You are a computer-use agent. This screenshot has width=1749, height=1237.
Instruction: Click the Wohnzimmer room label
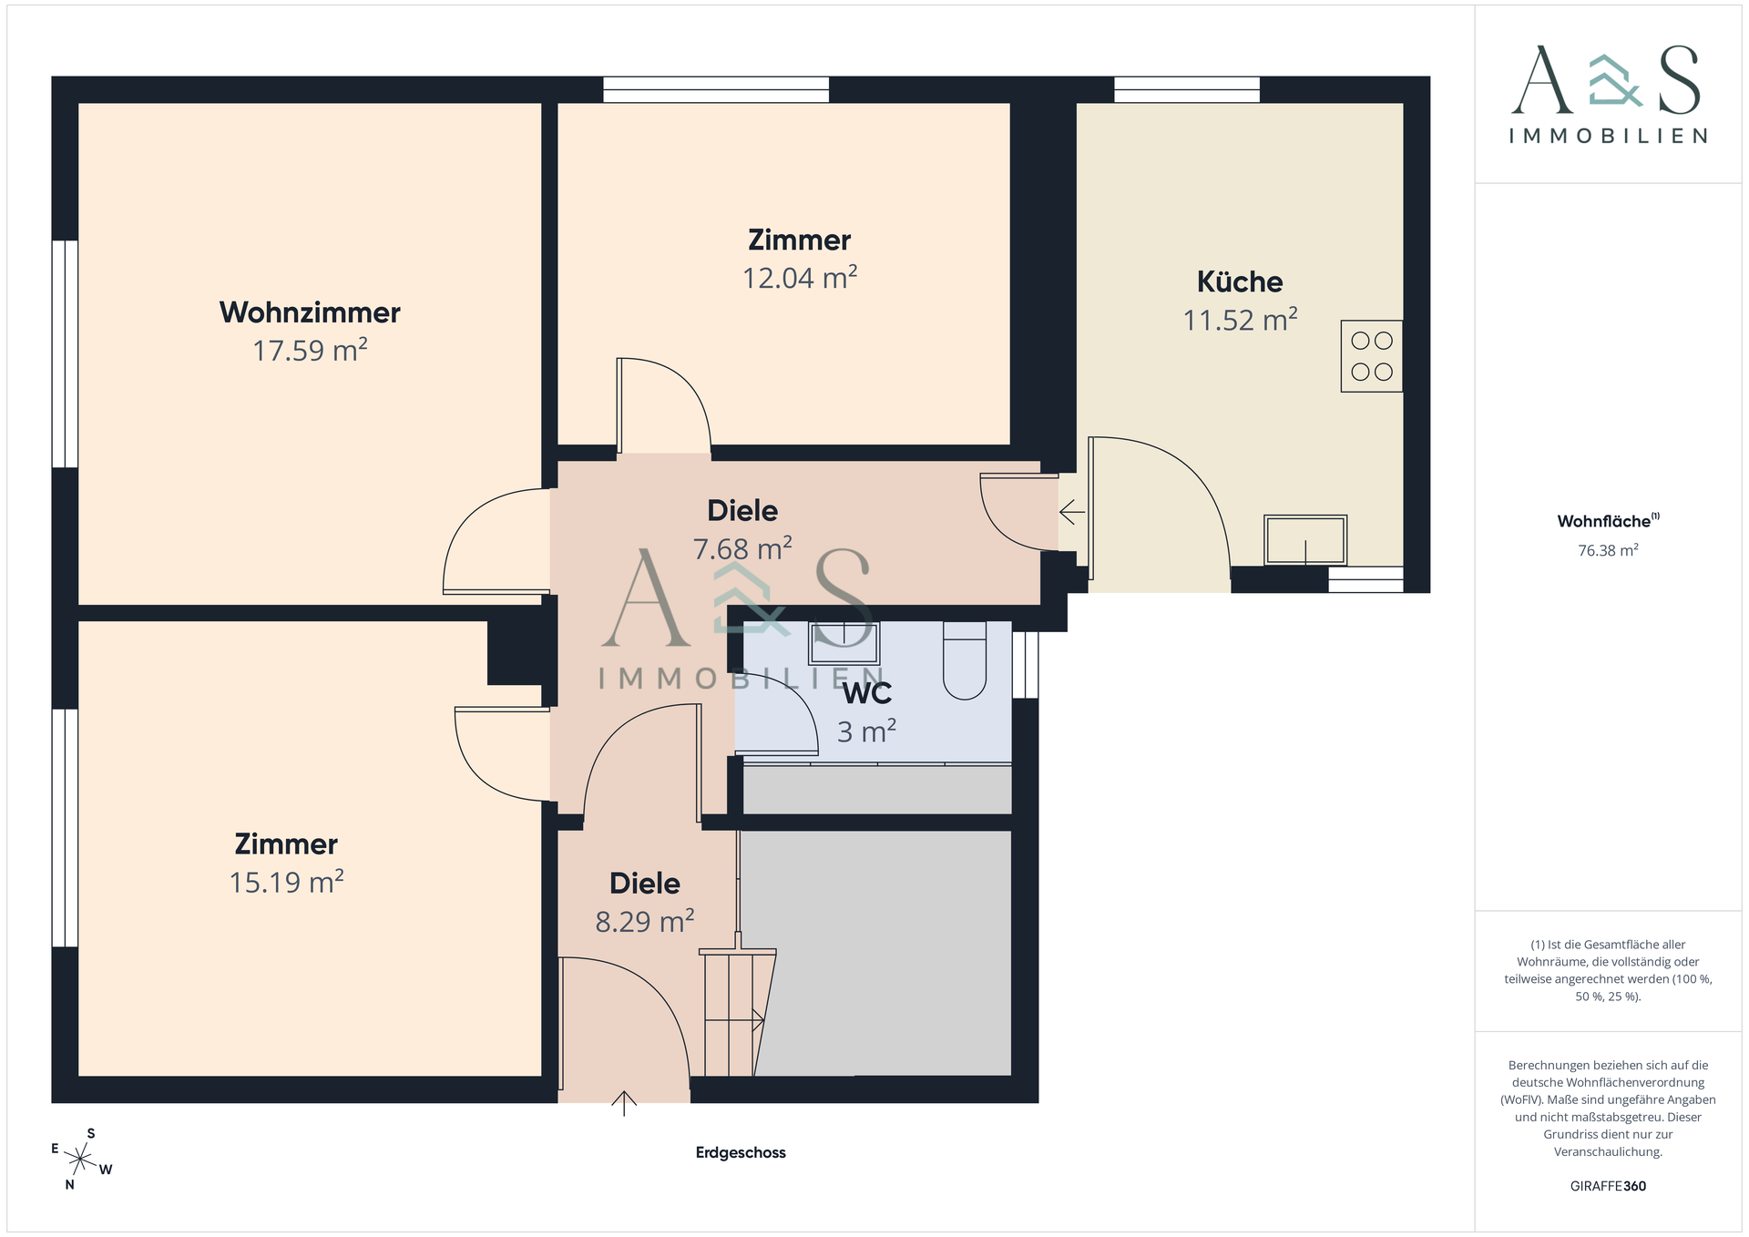tap(310, 312)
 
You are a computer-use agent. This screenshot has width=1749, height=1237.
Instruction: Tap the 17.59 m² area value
tap(310, 351)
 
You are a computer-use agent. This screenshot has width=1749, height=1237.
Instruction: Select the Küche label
tap(1239, 282)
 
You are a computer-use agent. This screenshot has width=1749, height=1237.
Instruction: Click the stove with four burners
tap(1371, 356)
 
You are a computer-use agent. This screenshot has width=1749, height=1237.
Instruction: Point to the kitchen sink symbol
tap(1304, 540)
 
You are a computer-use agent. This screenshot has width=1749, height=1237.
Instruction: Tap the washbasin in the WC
tap(844, 643)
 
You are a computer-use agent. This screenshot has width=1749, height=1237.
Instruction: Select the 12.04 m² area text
tap(799, 278)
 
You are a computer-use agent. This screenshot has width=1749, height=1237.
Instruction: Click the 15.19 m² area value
tap(286, 883)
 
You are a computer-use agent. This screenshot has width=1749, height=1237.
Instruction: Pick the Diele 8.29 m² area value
tap(644, 922)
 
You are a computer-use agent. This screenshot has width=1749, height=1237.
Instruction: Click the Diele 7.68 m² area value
tap(742, 549)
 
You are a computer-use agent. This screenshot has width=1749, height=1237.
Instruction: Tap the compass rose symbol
tap(81, 1160)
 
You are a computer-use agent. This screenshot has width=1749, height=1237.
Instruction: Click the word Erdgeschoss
tap(741, 1152)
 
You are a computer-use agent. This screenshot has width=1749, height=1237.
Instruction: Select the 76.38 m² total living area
tap(1608, 550)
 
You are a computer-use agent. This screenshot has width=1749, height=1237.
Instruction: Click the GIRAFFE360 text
tap(1608, 1186)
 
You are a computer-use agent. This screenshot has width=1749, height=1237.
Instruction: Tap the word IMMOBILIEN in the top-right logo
tap(1608, 137)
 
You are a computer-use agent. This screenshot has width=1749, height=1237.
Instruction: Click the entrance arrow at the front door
tap(624, 1102)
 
